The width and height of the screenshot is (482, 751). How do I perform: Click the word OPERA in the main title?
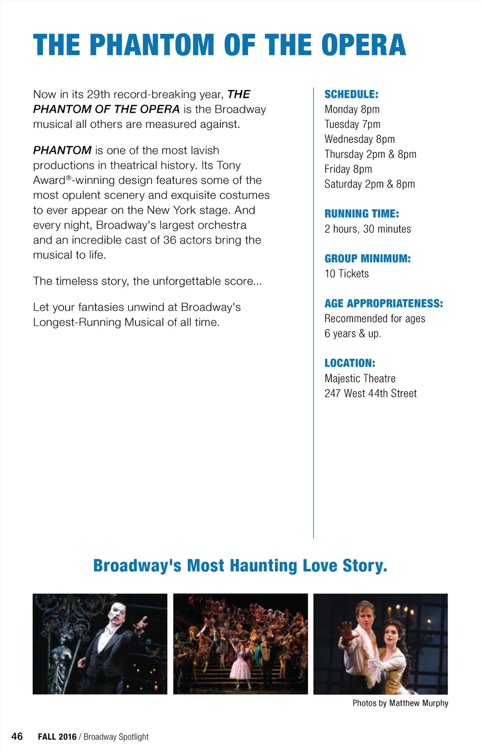pyautogui.click(x=363, y=46)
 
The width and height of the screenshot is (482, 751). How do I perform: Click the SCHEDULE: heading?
pyautogui.click(x=351, y=95)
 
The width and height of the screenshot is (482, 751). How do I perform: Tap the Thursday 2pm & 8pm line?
pyautogui.click(x=370, y=154)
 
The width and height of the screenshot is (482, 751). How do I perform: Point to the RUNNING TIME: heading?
pyautogui.click(x=361, y=214)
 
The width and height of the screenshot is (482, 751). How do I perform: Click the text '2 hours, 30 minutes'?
pyautogui.click(x=368, y=229)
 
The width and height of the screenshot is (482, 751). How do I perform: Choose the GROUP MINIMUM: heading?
pyautogui.click(x=367, y=259)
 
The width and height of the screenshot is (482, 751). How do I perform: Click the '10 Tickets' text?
pyautogui.click(x=346, y=274)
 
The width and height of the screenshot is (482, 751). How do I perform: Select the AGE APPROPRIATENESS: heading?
pyautogui.click(x=384, y=304)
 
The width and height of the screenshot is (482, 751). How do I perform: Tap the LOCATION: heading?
pyautogui.click(x=350, y=364)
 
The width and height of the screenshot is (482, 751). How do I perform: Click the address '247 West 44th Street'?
pyautogui.click(x=370, y=394)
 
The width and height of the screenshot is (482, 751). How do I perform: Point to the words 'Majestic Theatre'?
pyautogui.click(x=360, y=379)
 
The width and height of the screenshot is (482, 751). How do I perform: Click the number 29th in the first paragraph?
pyautogui.click(x=98, y=95)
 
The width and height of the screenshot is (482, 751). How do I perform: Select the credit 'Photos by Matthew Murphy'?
pyautogui.click(x=400, y=703)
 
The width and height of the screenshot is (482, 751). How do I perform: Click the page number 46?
pyautogui.click(x=17, y=736)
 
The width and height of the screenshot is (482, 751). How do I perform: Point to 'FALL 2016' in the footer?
pyautogui.click(x=57, y=737)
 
